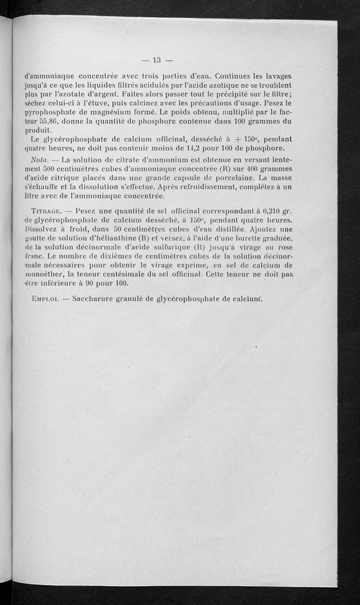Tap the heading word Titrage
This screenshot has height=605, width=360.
47,211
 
